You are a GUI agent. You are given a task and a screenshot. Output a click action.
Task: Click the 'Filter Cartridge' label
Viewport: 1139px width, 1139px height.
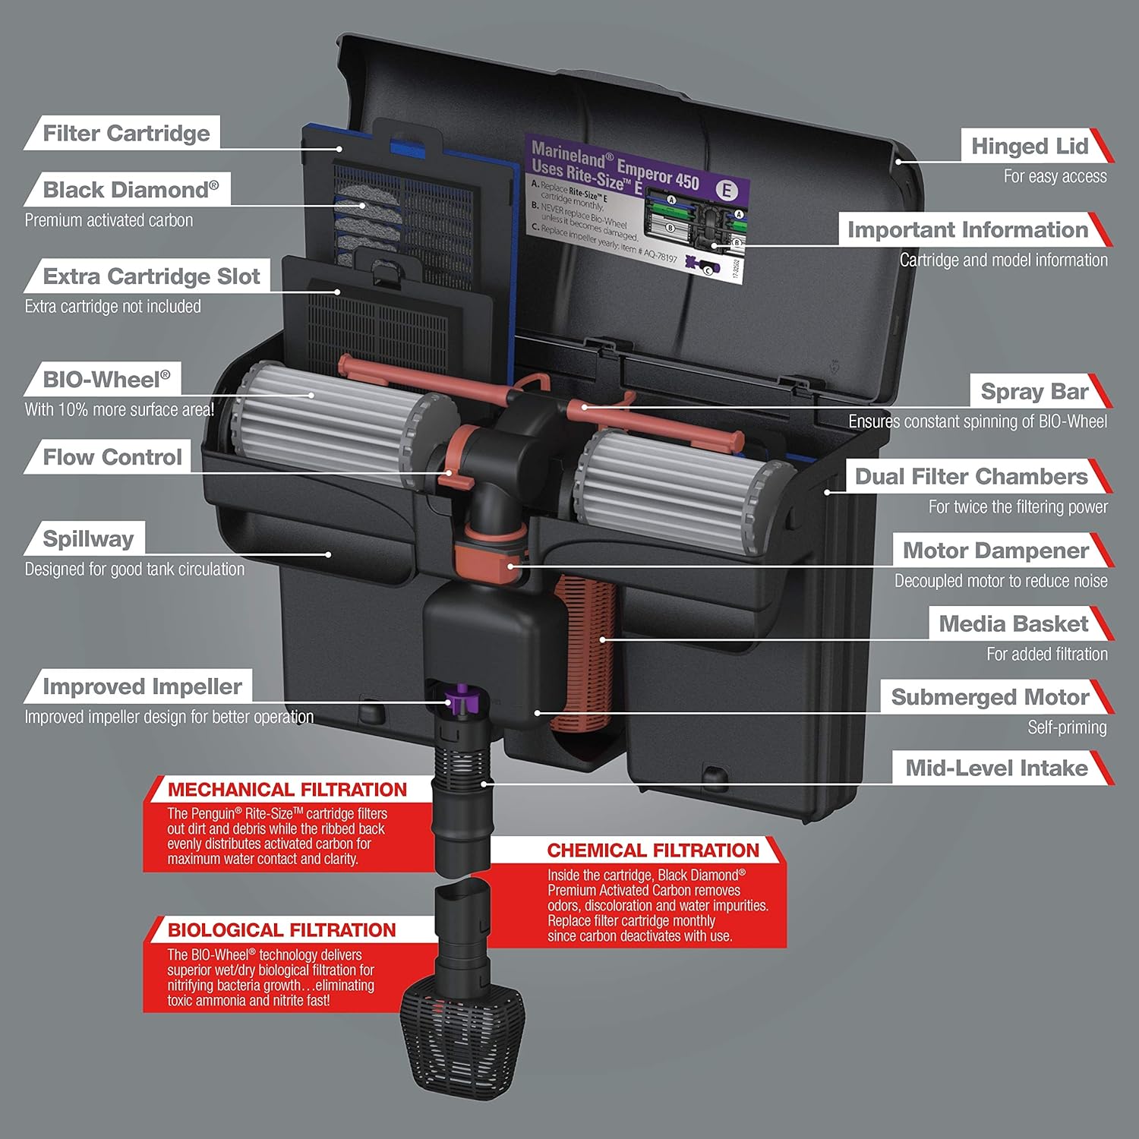(x=126, y=134)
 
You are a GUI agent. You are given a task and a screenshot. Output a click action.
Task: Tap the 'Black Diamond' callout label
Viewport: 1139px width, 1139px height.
(x=130, y=190)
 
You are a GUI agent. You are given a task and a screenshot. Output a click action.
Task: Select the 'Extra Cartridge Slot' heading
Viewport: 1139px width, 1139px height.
(x=151, y=276)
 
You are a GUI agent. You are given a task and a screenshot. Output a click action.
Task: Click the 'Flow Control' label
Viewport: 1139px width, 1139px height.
(x=112, y=457)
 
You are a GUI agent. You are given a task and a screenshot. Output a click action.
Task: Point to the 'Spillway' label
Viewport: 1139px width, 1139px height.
(x=88, y=538)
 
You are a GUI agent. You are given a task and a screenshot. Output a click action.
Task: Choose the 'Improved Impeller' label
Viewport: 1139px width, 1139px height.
(x=142, y=686)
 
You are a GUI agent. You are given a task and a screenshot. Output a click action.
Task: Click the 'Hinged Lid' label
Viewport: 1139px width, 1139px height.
(x=1030, y=146)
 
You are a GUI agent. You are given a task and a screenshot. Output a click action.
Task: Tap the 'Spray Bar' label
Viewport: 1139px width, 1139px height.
(x=1034, y=392)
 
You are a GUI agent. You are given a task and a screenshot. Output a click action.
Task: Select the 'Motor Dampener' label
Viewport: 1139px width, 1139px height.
(x=995, y=551)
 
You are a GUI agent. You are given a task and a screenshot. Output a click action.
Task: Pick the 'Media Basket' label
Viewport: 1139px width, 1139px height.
(x=1014, y=624)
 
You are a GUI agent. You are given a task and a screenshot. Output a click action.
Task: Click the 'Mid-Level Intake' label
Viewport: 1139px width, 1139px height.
(x=996, y=768)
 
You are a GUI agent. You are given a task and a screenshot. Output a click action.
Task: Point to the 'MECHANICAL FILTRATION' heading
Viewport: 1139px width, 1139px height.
(x=287, y=790)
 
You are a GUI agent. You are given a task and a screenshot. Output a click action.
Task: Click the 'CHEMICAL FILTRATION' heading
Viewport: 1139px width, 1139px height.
(x=653, y=850)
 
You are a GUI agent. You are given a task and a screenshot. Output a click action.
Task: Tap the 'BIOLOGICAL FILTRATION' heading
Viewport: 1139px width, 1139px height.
(x=282, y=930)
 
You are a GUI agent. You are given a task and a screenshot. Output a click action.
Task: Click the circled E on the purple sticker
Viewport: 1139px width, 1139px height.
(x=727, y=190)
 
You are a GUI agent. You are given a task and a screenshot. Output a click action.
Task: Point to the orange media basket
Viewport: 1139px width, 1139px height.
(x=588, y=661)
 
